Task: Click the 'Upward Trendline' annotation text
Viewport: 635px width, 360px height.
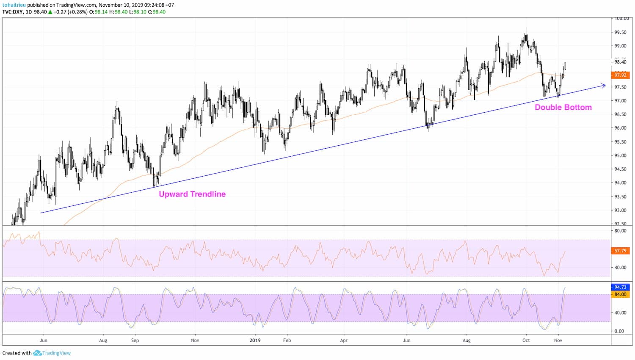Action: [192, 194]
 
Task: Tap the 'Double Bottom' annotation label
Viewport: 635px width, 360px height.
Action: [563, 107]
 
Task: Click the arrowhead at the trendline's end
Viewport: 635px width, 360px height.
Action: [603, 86]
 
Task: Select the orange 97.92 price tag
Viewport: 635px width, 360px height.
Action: [620, 75]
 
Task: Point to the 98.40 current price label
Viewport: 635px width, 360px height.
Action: [620, 62]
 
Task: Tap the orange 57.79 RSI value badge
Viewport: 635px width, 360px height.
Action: [620, 251]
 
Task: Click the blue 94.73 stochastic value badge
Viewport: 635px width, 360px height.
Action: [620, 287]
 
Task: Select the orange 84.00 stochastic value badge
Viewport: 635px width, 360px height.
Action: [620, 294]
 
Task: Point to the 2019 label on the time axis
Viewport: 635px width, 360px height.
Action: [255, 340]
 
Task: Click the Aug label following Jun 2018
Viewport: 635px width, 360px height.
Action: [103, 340]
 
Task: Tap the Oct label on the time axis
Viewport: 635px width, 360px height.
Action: [526, 340]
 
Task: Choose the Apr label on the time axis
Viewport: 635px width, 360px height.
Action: [344, 340]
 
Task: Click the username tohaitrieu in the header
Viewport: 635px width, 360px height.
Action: [14, 5]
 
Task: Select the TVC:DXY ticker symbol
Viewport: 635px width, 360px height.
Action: [13, 12]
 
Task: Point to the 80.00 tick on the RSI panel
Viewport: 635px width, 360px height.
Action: [620, 231]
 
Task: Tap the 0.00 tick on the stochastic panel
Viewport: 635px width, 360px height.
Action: [619, 331]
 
